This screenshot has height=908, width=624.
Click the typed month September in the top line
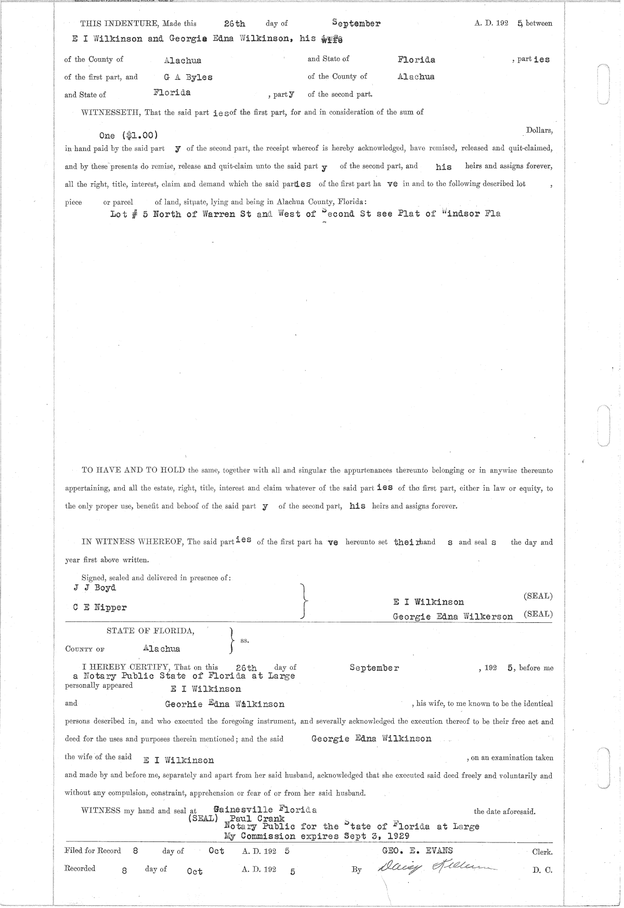point(356,23)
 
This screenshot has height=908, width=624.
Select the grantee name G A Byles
point(188,77)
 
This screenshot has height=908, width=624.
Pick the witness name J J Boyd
point(95,587)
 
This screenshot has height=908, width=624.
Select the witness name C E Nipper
point(100,607)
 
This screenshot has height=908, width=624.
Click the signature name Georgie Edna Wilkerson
point(452,616)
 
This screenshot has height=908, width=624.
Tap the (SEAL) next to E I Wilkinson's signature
point(538,596)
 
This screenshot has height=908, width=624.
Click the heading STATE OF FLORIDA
point(151,631)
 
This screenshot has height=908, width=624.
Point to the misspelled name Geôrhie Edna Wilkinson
point(225,704)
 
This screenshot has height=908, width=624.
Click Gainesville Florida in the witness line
point(265,810)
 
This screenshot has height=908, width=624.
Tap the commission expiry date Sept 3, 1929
point(378,836)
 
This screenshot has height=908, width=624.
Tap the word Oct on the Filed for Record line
point(216,851)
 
